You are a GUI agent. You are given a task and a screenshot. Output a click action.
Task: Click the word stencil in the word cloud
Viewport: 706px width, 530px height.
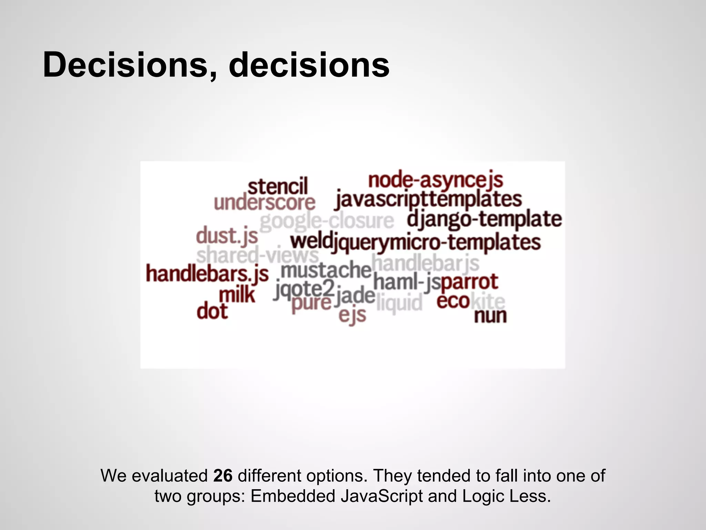(278, 187)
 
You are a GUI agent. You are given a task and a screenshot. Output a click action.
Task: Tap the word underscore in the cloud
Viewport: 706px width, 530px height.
(264, 203)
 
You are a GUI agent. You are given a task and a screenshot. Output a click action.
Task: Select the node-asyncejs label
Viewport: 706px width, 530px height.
(435, 180)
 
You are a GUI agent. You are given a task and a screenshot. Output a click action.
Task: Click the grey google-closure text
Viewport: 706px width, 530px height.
(326, 221)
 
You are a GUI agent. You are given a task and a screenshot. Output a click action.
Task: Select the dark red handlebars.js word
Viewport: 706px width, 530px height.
(207, 274)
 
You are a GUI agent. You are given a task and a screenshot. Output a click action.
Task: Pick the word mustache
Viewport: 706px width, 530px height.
(326, 270)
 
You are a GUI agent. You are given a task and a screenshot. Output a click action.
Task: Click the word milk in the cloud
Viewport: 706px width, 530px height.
(237, 295)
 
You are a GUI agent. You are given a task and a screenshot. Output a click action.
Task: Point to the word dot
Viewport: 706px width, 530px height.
(212, 311)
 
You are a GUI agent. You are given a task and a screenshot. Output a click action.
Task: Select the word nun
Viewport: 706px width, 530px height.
(490, 315)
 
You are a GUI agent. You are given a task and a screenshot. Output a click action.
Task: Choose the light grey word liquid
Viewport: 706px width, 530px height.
(399, 303)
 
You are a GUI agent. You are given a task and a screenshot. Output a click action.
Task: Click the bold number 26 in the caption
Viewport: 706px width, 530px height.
(223, 475)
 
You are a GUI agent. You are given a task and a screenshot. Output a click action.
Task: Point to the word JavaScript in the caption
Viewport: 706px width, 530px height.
(382, 496)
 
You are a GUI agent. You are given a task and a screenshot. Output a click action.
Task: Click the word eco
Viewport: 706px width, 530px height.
(453, 301)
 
